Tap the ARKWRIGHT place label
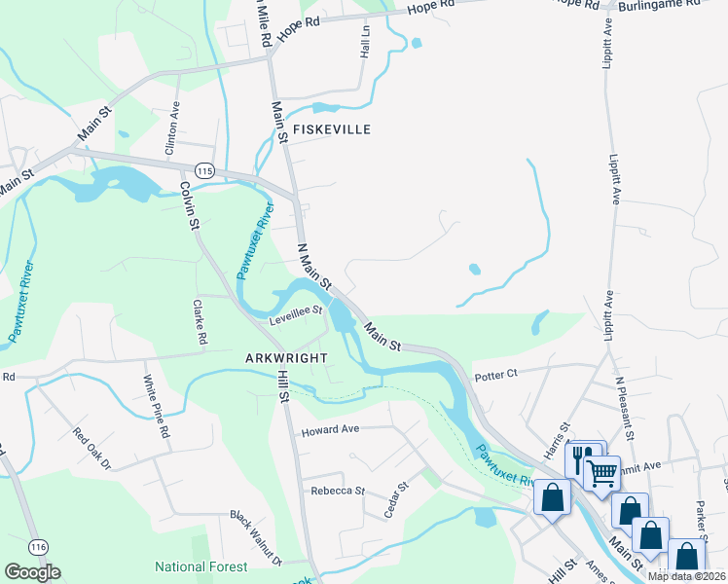[x=284, y=357]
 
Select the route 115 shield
[x=203, y=169]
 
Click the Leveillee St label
[x=296, y=311]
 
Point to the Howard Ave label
[x=331, y=430]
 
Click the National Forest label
[x=200, y=566]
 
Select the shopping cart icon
[x=602, y=472]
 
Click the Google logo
[x=32, y=571]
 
